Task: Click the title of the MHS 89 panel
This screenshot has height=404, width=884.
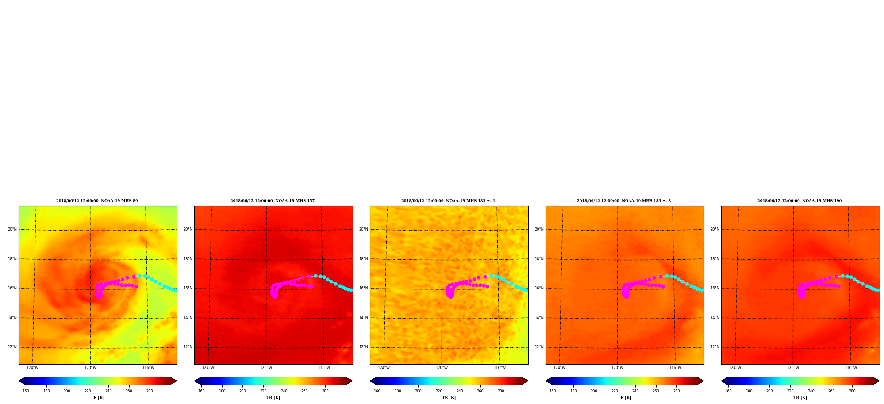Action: click(97, 201)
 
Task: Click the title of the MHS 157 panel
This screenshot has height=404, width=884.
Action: click(273, 201)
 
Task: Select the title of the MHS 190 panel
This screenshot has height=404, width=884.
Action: click(799, 201)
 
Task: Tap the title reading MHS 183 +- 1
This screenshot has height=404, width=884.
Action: click(448, 201)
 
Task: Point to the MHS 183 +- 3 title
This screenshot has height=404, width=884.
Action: click(624, 201)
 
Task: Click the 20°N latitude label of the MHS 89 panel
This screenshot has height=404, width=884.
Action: click(12, 229)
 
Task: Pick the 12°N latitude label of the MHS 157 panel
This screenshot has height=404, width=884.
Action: click(188, 347)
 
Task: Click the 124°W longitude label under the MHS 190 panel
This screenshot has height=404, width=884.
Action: click(735, 368)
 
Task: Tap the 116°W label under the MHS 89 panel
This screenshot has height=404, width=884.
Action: click(148, 368)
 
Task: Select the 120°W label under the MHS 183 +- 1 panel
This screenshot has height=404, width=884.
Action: click(442, 368)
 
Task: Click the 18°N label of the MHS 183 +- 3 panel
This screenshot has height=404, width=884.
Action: click(539, 259)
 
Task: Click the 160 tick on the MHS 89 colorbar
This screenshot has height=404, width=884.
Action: click(26, 391)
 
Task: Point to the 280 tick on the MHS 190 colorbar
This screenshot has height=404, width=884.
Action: click(852, 391)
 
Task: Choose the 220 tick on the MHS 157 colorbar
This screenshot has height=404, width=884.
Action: click(263, 391)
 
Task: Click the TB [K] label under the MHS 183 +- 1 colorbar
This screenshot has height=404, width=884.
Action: click(449, 398)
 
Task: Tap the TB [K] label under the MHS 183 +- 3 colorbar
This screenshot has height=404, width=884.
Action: click(624, 398)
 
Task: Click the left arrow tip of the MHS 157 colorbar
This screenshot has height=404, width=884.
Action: click(194, 381)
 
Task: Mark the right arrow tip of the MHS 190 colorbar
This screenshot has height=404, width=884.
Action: click(880, 381)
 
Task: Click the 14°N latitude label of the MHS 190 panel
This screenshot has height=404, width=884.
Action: click(715, 318)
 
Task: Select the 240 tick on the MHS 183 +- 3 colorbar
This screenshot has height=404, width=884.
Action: click(635, 391)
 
